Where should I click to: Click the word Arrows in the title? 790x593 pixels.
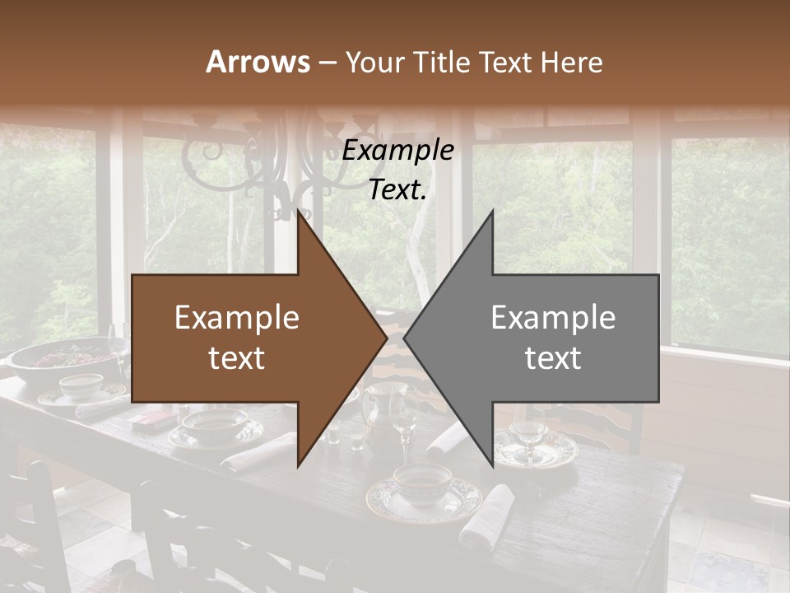pos(258,62)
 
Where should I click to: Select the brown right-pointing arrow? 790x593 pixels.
pos(247,338)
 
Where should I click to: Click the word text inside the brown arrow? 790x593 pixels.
pos(236,358)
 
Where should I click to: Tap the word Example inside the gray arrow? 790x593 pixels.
pos(553,317)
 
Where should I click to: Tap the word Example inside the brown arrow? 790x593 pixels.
pos(236,317)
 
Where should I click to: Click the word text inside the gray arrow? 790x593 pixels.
pos(553,358)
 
